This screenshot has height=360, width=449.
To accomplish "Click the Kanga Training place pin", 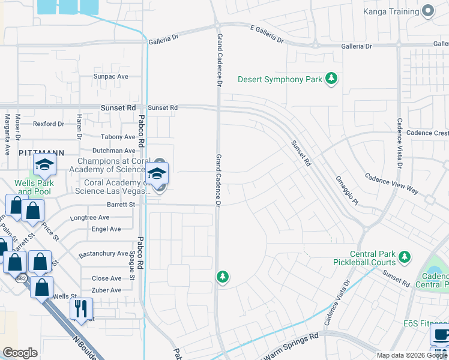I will [x=428, y=11].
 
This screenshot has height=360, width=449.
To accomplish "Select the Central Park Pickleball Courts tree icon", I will [x=405, y=257].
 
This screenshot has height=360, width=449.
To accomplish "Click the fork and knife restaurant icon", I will [x=80, y=309].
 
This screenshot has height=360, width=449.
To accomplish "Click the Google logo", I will [x=20, y=353].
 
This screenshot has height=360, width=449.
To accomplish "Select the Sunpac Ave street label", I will [x=110, y=77].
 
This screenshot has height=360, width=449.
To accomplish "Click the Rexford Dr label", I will [x=48, y=124].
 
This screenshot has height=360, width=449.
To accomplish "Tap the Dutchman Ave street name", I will [x=113, y=151].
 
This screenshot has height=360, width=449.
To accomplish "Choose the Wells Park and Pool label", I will [x=35, y=187].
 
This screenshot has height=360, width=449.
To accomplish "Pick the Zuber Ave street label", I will [x=106, y=290].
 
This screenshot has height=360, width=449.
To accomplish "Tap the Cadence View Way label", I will [x=391, y=182].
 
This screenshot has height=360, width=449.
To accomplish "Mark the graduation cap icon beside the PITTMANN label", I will [x=44, y=166].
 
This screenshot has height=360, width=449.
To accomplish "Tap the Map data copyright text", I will [x=411, y=355].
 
